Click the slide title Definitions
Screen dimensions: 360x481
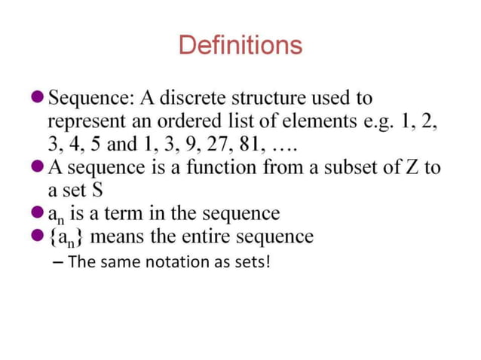240,46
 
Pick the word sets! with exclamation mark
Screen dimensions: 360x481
250,263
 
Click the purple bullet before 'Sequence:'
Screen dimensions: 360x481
37,99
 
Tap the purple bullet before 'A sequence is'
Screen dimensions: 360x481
37,167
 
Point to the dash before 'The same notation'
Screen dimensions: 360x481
59,263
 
